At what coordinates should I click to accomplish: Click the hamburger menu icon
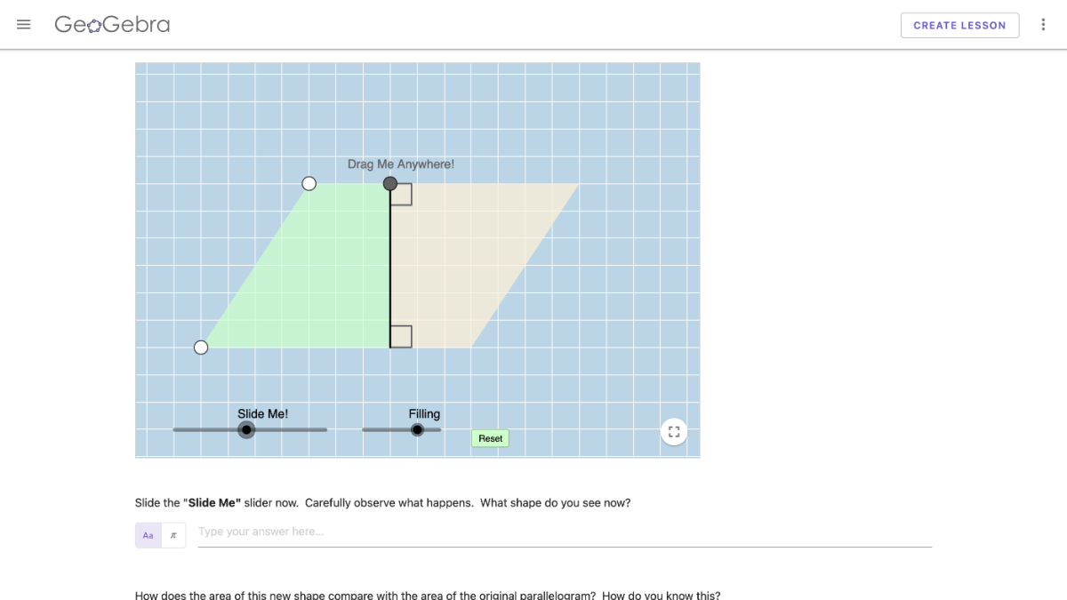[24, 25]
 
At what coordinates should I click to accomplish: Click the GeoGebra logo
[112, 25]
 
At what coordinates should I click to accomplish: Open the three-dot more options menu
[1043, 25]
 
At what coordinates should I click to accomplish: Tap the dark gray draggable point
[389, 184]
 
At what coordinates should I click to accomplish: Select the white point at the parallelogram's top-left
[309, 184]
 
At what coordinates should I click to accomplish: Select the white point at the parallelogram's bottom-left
[201, 348]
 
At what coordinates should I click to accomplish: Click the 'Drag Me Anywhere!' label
[400, 164]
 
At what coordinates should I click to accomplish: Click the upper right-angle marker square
[401, 195]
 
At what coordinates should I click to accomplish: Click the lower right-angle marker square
[401, 337]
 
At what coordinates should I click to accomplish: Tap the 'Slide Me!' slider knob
[247, 430]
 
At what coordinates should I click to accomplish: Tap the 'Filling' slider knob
[417, 430]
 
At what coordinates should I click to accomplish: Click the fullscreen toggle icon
[674, 432]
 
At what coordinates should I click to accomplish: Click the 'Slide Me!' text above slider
[262, 413]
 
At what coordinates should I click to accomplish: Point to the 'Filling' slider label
[424, 413]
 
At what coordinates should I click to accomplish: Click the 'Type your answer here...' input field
[565, 532]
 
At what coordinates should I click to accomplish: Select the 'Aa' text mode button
[148, 535]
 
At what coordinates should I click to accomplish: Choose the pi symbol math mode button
[173, 535]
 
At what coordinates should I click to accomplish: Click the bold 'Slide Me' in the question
[214, 502]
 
